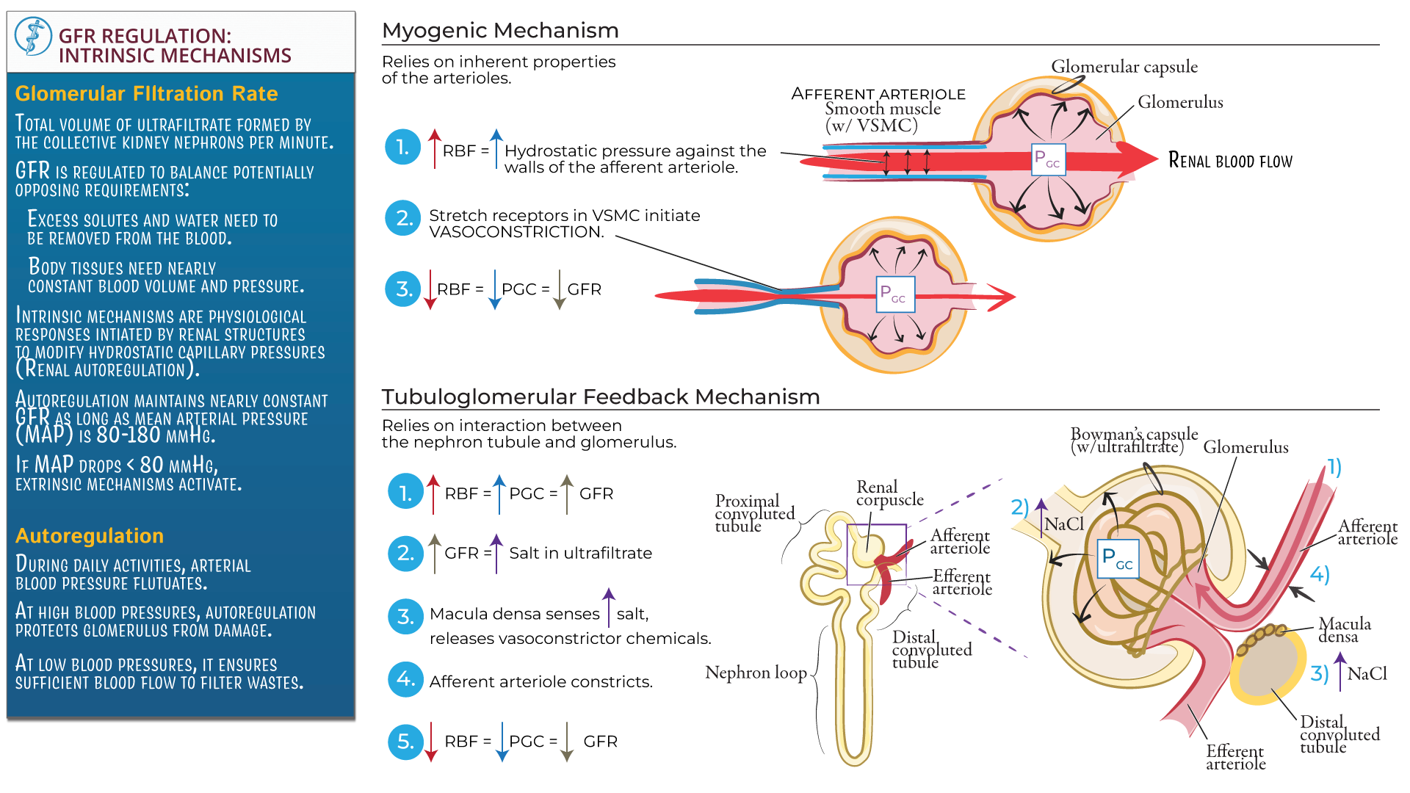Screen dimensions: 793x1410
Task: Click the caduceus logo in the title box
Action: pyautogui.click(x=33, y=37)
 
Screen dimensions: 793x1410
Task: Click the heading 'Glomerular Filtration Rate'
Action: pyautogui.click(x=146, y=94)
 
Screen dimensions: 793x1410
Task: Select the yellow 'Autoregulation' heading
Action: pyautogui.click(x=89, y=536)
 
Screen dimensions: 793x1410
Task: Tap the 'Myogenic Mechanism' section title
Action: pyautogui.click(x=500, y=31)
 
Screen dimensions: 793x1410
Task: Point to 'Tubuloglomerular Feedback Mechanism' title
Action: pyautogui.click(x=600, y=397)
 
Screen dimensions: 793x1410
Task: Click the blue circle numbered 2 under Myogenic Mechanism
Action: pyautogui.click(x=403, y=218)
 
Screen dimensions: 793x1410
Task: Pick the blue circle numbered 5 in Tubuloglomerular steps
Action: pyautogui.click(x=405, y=742)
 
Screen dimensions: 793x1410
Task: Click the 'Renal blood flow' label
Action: pyautogui.click(x=1230, y=161)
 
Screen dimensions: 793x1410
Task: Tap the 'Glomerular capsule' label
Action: pyautogui.click(x=1124, y=67)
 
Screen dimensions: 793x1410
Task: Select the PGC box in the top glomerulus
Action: pyautogui.click(x=1047, y=159)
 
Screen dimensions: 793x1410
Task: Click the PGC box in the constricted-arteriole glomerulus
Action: pyautogui.click(x=895, y=294)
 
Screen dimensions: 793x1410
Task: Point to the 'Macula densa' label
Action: pyautogui.click(x=1344, y=630)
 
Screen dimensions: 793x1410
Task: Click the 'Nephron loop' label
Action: pyautogui.click(x=756, y=673)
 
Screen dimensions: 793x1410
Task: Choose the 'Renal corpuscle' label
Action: pyautogui.click(x=889, y=493)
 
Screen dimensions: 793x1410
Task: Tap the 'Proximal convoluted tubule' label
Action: pyautogui.click(x=754, y=513)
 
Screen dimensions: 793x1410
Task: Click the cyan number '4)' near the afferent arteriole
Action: pyautogui.click(x=1320, y=574)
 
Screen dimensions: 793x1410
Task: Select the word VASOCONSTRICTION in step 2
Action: pyautogui.click(x=516, y=233)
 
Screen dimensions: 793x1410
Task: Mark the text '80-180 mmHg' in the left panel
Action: pyautogui.click(x=156, y=435)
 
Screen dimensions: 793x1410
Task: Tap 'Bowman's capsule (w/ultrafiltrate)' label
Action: pyautogui.click(x=1133, y=440)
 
